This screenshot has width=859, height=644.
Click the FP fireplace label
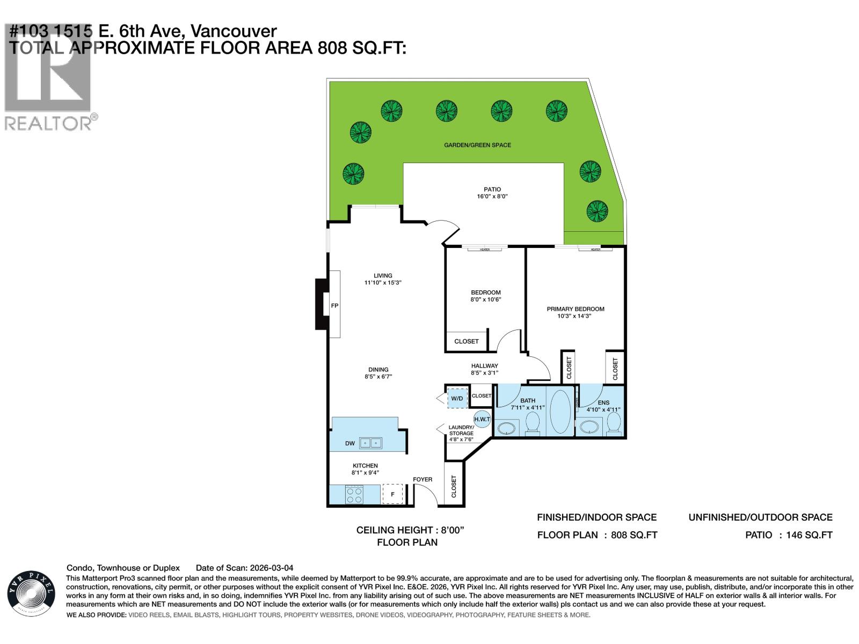(x=334, y=305)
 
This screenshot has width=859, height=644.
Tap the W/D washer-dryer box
(x=457, y=398)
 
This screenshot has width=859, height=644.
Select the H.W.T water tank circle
(x=482, y=419)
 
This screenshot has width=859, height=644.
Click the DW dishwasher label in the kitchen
(x=350, y=443)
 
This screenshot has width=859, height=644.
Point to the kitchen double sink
(x=370, y=443)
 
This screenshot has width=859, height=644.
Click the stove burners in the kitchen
(x=353, y=494)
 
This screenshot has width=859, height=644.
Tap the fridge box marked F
(x=392, y=494)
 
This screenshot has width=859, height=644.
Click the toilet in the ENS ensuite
(x=615, y=424)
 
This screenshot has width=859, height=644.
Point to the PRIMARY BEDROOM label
(x=575, y=309)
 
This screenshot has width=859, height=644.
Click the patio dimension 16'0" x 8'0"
(x=492, y=197)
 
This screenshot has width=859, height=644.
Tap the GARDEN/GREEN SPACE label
(x=477, y=145)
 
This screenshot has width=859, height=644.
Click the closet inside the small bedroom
(x=466, y=341)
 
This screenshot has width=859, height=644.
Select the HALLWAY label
(x=484, y=365)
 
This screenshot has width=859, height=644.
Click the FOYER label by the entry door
(x=422, y=479)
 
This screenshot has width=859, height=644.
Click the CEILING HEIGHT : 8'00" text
(x=410, y=530)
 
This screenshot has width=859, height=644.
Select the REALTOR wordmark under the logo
(x=48, y=124)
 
